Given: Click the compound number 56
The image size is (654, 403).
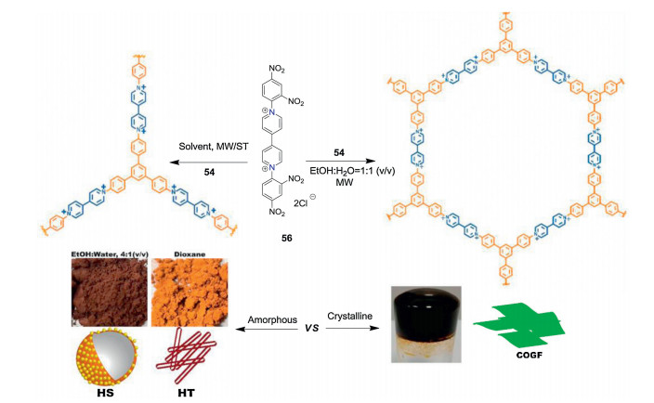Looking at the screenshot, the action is pos(286,238).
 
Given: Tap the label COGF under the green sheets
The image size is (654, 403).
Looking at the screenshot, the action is pos(529,355).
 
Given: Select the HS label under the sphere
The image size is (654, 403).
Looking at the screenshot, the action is pos(105,393).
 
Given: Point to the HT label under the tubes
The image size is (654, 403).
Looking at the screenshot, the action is pos(186,393).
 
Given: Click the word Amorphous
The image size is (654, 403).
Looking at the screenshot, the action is pos(272,319).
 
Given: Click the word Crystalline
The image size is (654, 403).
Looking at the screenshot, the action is pos(349,317).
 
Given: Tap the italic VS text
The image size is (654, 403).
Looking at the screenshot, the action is pos(311,329).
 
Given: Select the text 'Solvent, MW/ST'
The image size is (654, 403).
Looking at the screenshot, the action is pos(214,147).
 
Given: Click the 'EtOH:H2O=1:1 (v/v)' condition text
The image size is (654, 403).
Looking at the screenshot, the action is pos(352,171).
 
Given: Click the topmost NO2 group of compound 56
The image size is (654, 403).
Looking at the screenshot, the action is pos(277,69).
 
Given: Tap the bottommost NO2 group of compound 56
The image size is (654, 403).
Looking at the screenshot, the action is pos(277,212).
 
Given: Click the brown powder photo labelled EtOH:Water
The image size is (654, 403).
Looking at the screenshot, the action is pos(110,292).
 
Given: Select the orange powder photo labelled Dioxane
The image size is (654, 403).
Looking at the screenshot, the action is pos(190,292).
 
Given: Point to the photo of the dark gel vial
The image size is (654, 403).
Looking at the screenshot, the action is pos(425,324).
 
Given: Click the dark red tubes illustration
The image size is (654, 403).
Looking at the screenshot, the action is pos(186,356).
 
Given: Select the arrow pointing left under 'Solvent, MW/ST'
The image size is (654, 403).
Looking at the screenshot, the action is pos(208,162).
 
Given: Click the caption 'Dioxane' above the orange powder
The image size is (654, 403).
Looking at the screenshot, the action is pos(190,254).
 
